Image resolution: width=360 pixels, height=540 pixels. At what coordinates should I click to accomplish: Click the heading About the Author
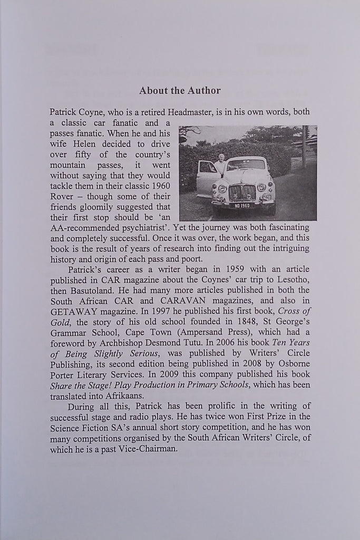[180, 91]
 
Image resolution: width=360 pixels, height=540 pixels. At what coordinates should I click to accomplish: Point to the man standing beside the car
[220, 165]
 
